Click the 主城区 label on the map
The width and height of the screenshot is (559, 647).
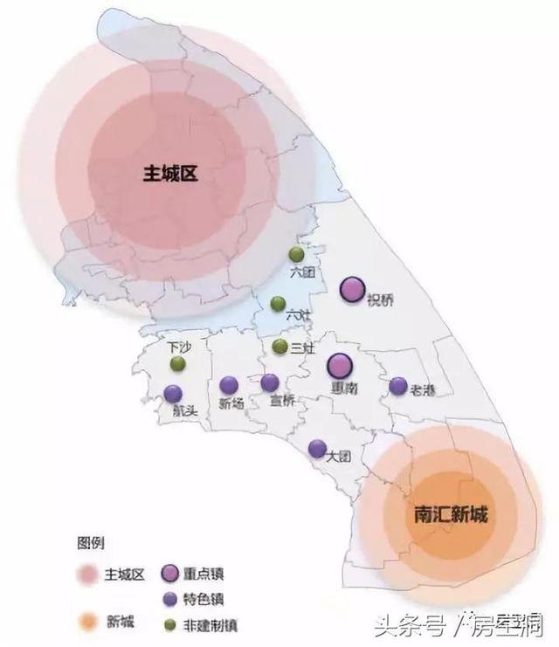point(171,174)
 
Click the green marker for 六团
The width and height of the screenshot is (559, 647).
point(296,254)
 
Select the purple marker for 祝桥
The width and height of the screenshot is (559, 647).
point(352,289)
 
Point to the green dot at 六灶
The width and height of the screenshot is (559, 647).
point(278,304)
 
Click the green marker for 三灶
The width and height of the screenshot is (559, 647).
point(279,347)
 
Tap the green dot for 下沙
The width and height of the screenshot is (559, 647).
point(177,363)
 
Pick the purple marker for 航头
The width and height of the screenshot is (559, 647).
point(173,394)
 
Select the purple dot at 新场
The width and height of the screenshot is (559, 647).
point(229,385)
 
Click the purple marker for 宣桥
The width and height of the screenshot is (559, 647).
point(270,382)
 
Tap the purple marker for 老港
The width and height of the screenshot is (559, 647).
point(398,385)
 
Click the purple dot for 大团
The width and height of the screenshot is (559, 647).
point(318,448)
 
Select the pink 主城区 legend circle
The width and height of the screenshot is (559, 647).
point(86,575)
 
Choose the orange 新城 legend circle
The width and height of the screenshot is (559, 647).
point(86,622)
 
